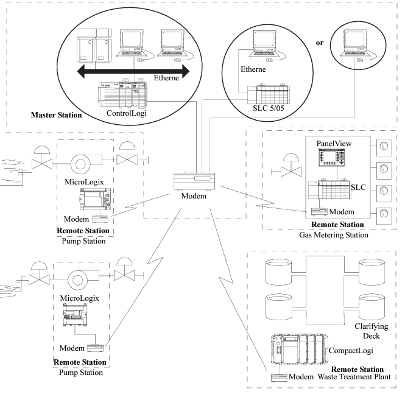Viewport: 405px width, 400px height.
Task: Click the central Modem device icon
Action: pos(195,180)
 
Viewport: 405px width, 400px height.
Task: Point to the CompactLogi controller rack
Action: pos(298,350)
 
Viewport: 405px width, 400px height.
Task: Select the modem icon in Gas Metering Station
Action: pos(317,211)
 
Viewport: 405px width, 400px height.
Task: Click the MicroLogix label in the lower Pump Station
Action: pos(79,298)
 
